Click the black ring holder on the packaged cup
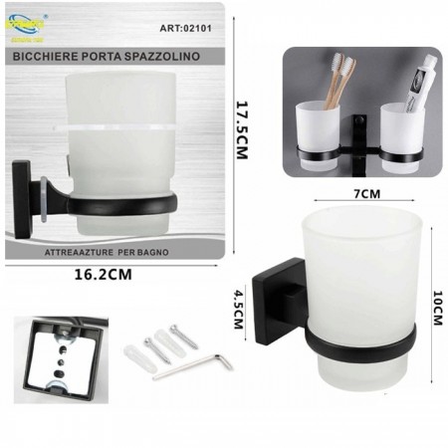pos(129,204)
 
